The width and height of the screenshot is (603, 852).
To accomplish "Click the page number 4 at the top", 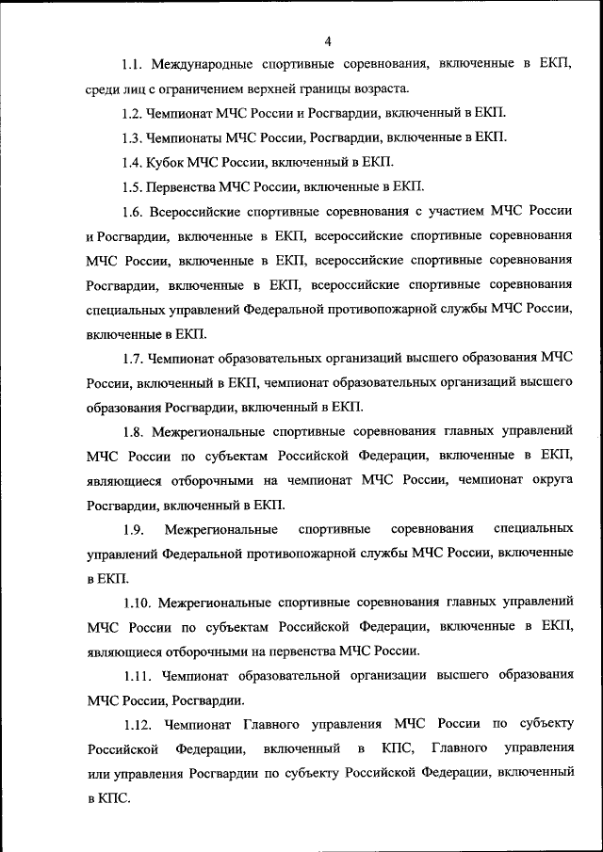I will (x=327, y=40).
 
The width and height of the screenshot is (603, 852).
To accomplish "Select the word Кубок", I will (x=171, y=162).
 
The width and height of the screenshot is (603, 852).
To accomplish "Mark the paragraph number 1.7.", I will (x=133, y=358).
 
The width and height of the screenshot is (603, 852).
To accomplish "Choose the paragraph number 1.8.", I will (x=133, y=431).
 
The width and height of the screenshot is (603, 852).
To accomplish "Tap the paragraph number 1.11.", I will (x=137, y=675).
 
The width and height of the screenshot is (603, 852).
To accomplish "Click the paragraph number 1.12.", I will (x=138, y=724).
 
